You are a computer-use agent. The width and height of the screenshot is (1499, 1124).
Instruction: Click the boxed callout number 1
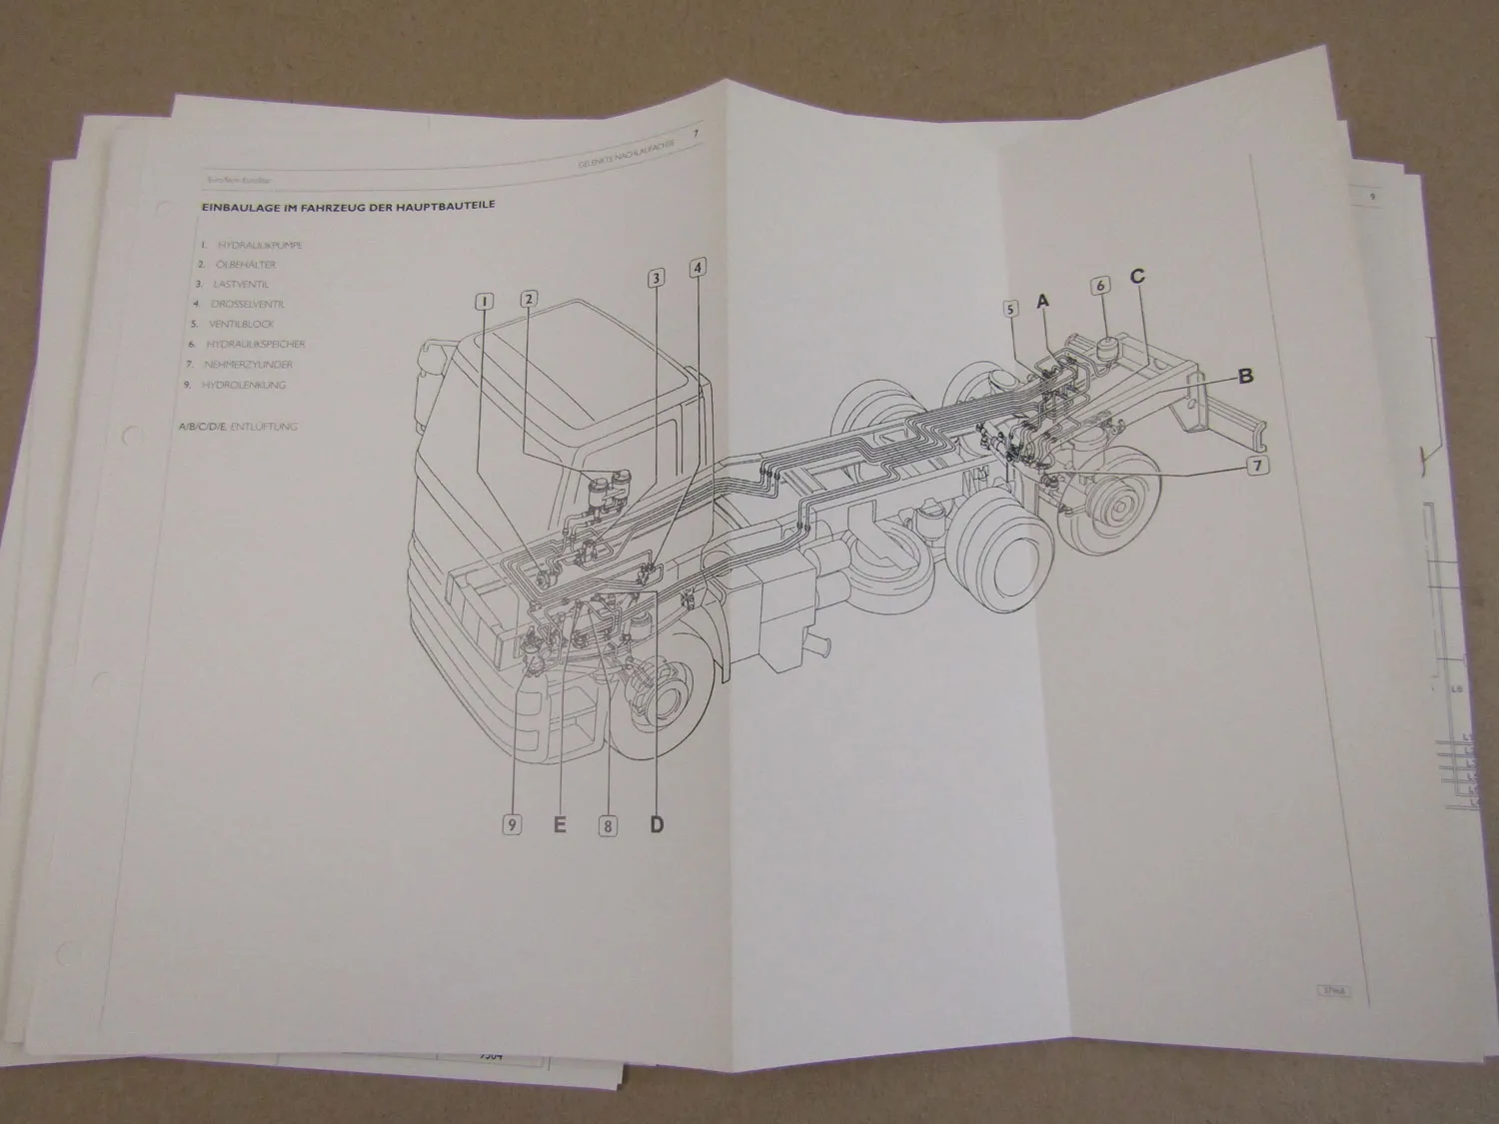pyautogui.click(x=483, y=301)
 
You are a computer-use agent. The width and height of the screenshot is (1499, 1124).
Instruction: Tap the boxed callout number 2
pyautogui.click(x=529, y=298)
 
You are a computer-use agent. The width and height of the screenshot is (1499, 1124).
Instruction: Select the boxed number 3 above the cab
pyautogui.click(x=656, y=279)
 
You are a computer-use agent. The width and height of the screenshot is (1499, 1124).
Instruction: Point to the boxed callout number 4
pyautogui.click(x=698, y=267)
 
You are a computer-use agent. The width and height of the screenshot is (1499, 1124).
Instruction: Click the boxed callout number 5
pyautogui.click(x=1010, y=310)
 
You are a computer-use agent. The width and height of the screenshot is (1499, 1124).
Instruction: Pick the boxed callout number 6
pyautogui.click(x=1100, y=286)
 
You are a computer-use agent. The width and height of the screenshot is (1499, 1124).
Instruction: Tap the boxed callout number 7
pyautogui.click(x=1257, y=466)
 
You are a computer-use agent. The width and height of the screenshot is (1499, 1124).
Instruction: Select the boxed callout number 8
pyautogui.click(x=608, y=825)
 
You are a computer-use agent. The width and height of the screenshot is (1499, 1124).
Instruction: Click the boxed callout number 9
pyautogui.click(x=512, y=824)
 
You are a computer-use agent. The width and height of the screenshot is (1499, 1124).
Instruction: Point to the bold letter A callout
pyautogui.click(x=1043, y=300)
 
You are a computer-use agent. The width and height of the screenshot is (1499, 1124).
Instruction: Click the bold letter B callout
pyautogui.click(x=1245, y=377)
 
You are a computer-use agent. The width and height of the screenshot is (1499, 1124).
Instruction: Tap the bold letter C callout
pyautogui.click(x=1137, y=277)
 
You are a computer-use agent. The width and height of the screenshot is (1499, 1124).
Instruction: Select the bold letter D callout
pyautogui.click(x=657, y=824)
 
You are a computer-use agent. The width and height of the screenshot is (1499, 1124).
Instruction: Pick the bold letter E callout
pyautogui.click(x=560, y=824)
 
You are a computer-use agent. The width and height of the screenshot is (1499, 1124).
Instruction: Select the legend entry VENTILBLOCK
pyautogui.click(x=241, y=325)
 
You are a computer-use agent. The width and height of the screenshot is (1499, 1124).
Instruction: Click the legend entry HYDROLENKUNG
pyautogui.click(x=244, y=385)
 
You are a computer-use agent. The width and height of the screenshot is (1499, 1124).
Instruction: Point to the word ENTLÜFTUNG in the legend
pyautogui.click(x=263, y=427)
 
